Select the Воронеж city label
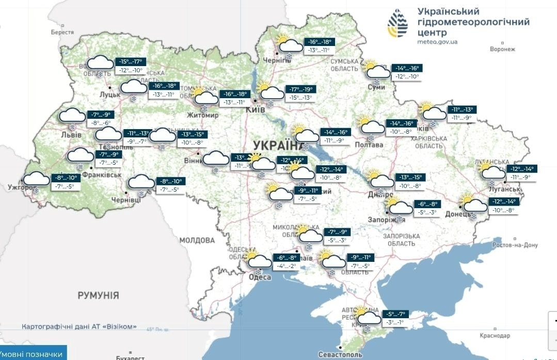(x=503, y=49)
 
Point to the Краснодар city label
(x=494, y=336)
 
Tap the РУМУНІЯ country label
(x=98, y=295)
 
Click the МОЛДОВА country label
(x=197, y=240)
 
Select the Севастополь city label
(x=340, y=355)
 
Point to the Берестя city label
(x=62, y=32)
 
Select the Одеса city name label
(x=260, y=277)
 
